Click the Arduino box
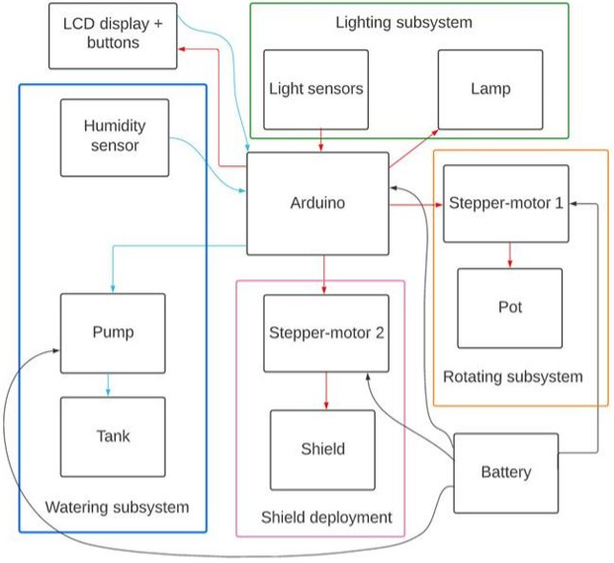click(x=317, y=203)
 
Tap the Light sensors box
click(x=316, y=89)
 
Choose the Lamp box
click(x=490, y=89)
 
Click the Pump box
click(x=113, y=332)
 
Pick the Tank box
click(x=113, y=435)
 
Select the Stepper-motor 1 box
click(x=506, y=204)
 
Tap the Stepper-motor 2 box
click(x=325, y=332)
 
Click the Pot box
click(x=509, y=307)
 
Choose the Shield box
click(x=323, y=449)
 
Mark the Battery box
click(x=505, y=472)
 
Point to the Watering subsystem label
click(x=117, y=508)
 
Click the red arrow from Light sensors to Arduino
click(x=317, y=141)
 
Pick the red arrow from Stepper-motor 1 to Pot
click(x=509, y=254)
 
